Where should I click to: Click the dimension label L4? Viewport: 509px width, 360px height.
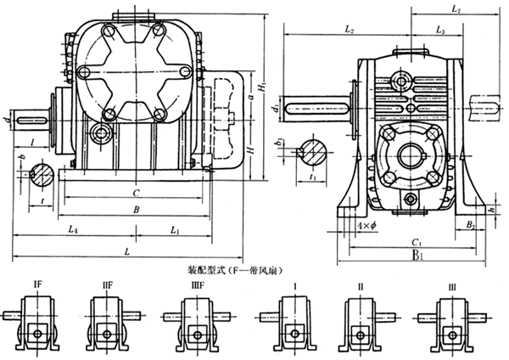(76, 231)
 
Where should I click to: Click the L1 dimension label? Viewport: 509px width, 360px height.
(174, 231)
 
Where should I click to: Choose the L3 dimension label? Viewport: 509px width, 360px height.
(440, 30)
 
